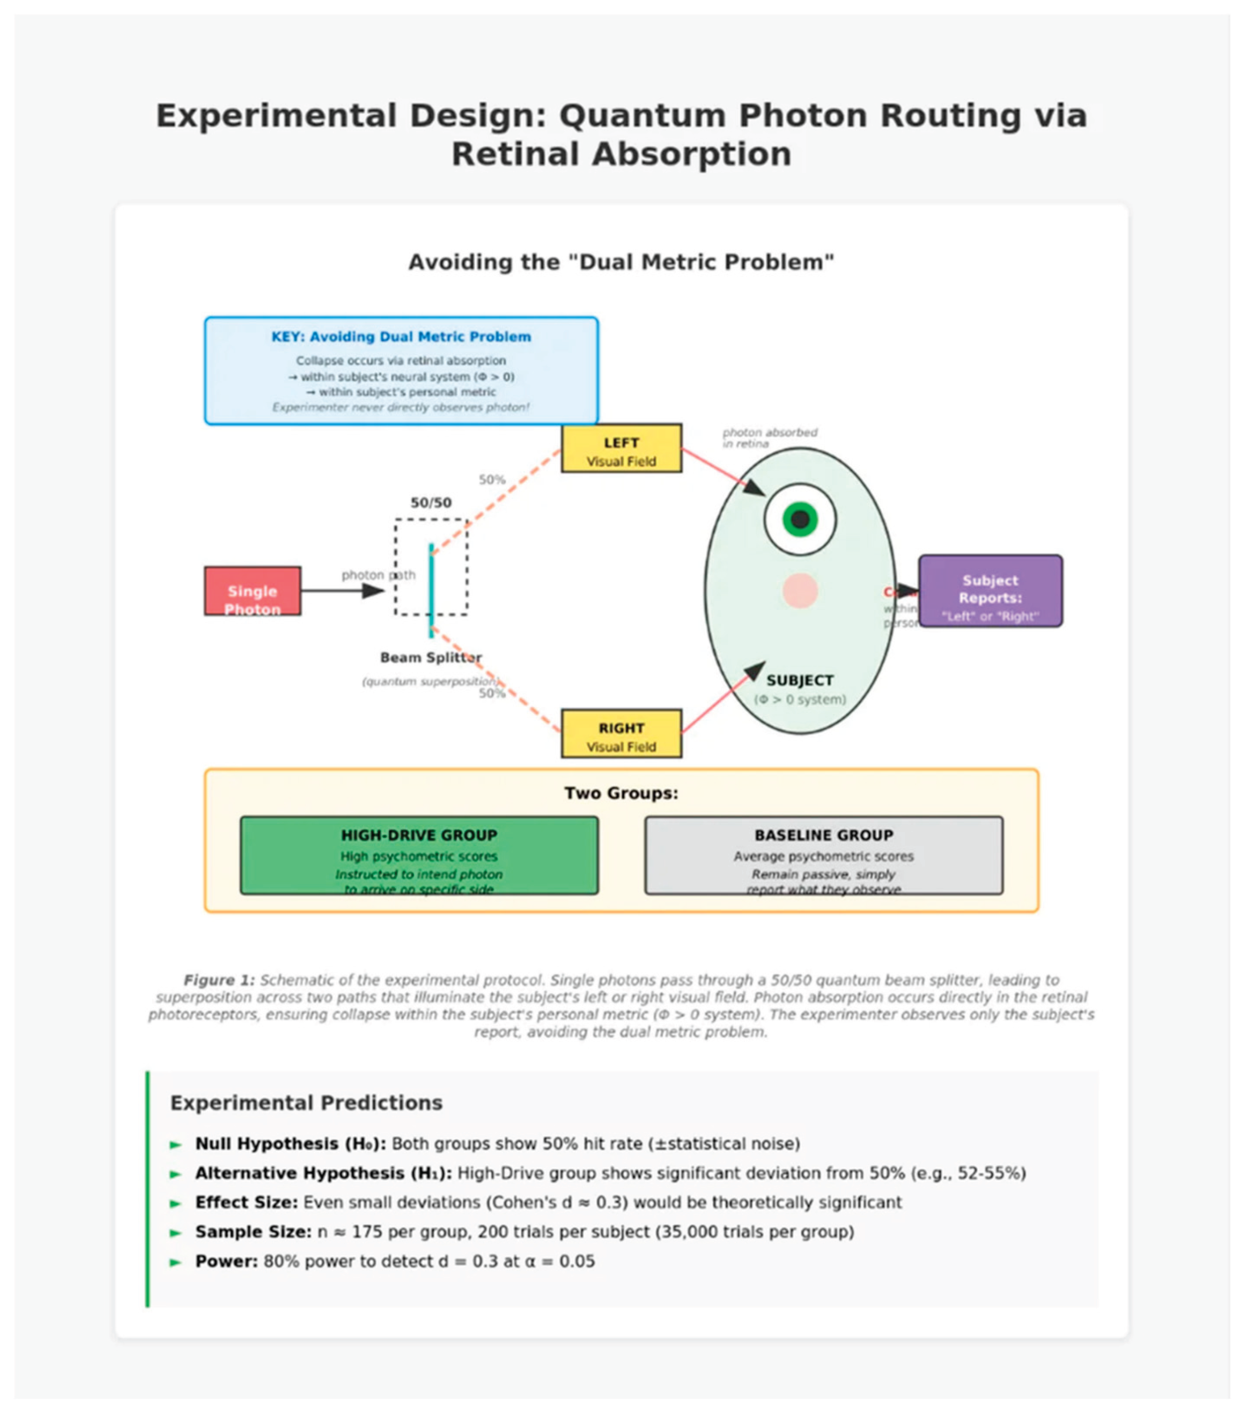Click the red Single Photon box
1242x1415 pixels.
[252, 590]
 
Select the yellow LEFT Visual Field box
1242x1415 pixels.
[621, 448]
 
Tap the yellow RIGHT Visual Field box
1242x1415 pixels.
[621, 733]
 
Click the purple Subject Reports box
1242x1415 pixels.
[990, 590]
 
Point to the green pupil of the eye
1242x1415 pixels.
[800, 519]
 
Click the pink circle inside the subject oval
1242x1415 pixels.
[800, 590]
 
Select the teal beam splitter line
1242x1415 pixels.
[430, 590]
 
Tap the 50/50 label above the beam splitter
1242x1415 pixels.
[430, 502]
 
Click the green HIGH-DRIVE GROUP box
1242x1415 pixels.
[419, 855]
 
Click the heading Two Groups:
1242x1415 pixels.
[621, 793]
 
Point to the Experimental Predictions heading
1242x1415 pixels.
[306, 1103]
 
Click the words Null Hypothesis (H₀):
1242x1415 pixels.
[290, 1144]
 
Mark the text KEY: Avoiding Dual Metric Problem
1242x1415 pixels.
[401, 337]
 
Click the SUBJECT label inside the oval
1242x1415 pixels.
[800, 680]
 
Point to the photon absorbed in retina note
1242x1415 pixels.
[769, 437]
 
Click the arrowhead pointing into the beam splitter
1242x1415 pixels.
[374, 590]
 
